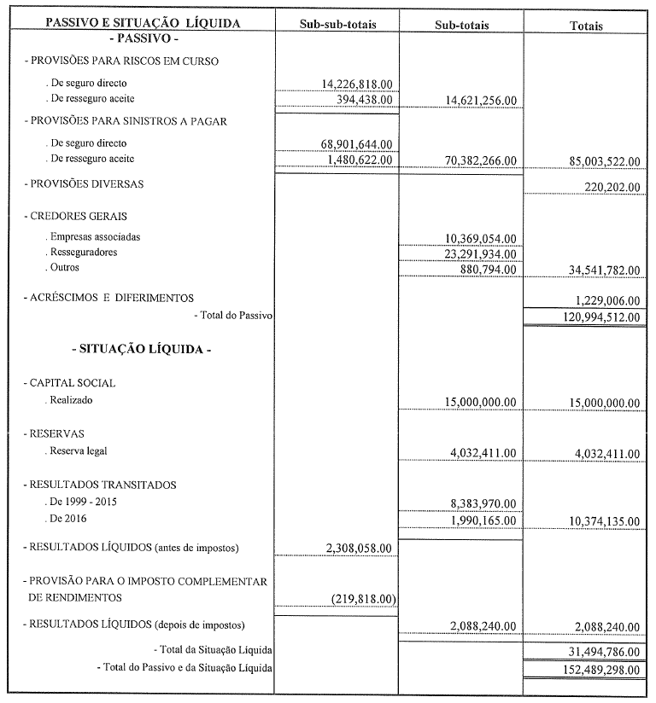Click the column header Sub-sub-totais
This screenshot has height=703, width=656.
coord(337,25)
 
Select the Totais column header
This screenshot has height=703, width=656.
coord(586,26)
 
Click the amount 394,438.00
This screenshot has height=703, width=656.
coord(365,99)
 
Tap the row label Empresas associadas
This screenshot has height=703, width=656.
coord(94,236)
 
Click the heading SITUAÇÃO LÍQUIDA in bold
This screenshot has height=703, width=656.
coord(141,349)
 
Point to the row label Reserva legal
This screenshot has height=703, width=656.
coord(79,451)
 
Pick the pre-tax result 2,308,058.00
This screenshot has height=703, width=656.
coord(360,548)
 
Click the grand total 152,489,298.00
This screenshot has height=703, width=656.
coord(594,670)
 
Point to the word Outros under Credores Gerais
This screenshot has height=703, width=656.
coord(65,268)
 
